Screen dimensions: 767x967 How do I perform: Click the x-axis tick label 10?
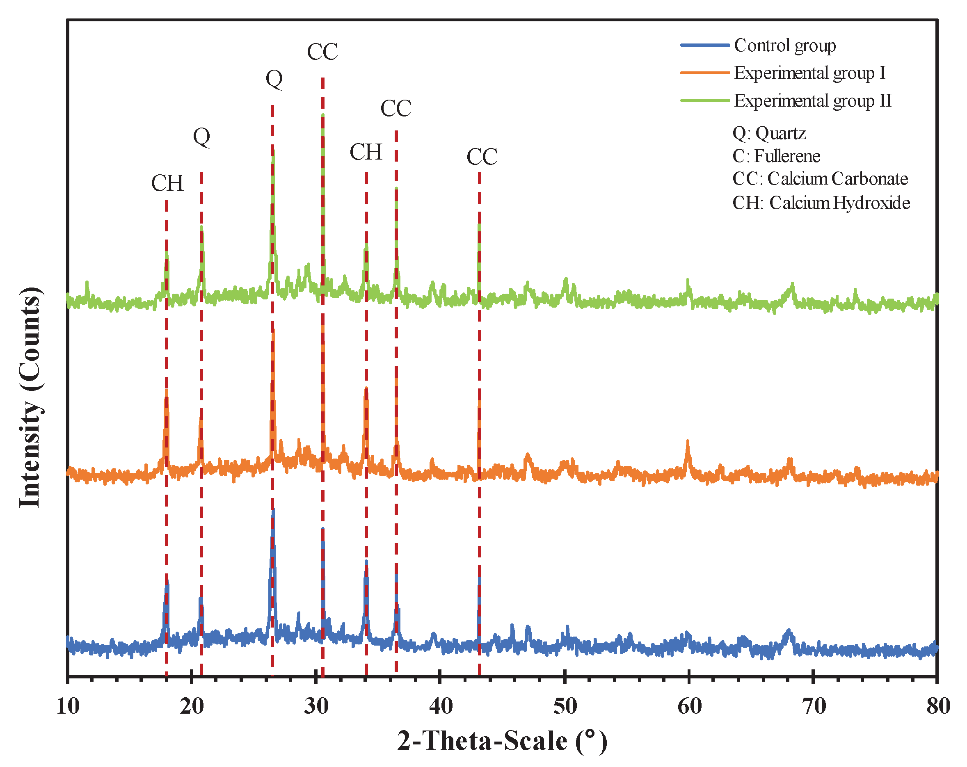click(68, 706)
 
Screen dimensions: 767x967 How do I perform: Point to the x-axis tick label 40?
click(441, 706)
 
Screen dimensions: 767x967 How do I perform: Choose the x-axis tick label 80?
click(938, 706)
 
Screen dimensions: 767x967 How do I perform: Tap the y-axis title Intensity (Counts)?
click(30, 397)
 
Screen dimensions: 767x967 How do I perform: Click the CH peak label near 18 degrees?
click(167, 183)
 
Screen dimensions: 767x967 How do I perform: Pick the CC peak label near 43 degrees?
click(482, 156)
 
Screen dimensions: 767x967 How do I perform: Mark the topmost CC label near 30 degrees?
click(322, 52)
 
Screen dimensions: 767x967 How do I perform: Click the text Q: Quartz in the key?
click(769, 133)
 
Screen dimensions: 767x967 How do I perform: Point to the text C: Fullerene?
click(776, 156)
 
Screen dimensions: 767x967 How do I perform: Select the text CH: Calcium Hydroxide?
click(821, 203)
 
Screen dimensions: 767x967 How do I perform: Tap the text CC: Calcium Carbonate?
click(820, 178)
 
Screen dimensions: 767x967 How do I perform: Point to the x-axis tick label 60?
click(689, 706)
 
